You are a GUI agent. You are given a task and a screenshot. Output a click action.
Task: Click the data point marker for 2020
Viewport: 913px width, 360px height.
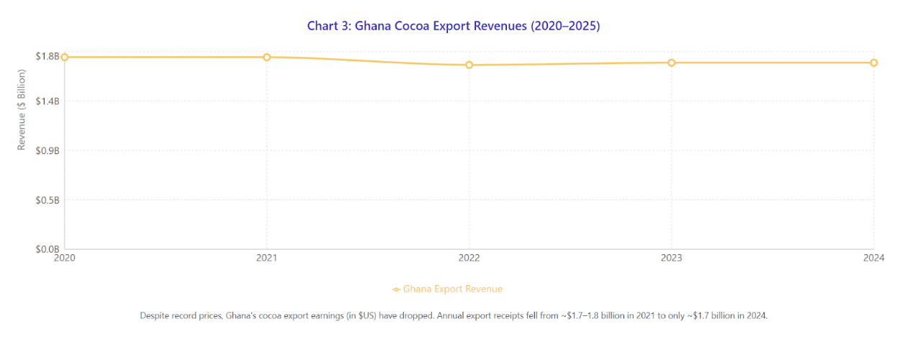(65, 57)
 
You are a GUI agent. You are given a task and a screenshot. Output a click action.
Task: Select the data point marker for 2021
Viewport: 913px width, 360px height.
(267, 57)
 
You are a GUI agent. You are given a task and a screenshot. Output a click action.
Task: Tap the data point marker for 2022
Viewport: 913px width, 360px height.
(469, 65)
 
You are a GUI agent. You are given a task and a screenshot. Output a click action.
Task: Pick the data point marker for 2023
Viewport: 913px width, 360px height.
(672, 63)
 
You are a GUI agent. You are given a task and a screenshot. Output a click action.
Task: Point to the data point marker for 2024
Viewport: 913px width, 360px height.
(873, 63)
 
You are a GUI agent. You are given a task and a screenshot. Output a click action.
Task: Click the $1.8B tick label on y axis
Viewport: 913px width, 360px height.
(47, 56)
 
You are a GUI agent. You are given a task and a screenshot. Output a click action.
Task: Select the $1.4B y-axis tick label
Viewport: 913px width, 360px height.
(47, 101)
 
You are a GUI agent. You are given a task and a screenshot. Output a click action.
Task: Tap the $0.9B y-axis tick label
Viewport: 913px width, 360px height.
(47, 150)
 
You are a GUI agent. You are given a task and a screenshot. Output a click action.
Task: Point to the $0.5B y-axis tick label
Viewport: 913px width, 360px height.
(47, 199)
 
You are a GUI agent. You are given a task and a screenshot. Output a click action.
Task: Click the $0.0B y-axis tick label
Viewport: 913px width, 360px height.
(47, 248)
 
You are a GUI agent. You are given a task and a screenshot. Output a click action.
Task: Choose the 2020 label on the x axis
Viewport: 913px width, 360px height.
(65, 258)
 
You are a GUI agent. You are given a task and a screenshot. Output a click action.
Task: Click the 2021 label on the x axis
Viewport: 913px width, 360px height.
(267, 258)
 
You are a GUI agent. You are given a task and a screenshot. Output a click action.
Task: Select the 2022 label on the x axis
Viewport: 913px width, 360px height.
(469, 258)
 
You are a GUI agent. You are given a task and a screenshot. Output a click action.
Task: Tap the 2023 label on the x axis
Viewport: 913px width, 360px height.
(672, 258)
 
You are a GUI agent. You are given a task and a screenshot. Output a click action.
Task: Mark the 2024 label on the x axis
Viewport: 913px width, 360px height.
(873, 258)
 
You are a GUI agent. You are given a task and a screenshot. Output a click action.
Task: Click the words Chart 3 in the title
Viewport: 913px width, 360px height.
(328, 26)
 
